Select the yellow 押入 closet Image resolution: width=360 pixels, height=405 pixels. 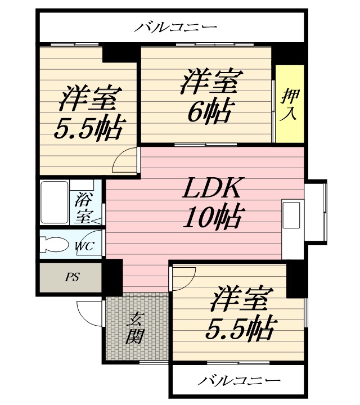pyautogui.click(x=290, y=103)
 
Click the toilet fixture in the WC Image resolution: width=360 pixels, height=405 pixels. pyautogui.click(x=55, y=244)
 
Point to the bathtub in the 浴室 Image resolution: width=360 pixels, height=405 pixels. pyautogui.click(x=55, y=202)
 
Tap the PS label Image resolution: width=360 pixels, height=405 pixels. pyautogui.click(x=72, y=277)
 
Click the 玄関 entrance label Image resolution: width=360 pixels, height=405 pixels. pyautogui.click(x=135, y=328)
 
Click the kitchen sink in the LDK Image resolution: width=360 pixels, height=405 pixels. pyautogui.click(x=291, y=215)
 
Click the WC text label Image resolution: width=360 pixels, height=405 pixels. pyautogui.click(x=84, y=246)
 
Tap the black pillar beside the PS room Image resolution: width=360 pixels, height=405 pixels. pyautogui.click(x=113, y=278)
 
